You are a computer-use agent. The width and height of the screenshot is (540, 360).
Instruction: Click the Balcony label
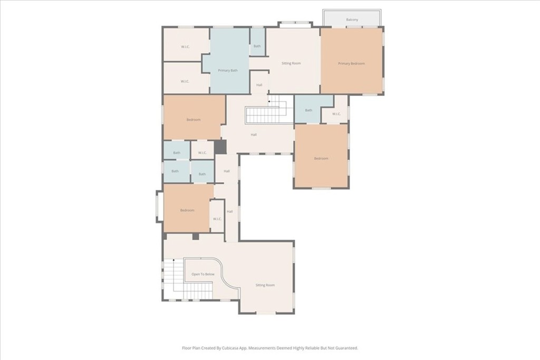352,20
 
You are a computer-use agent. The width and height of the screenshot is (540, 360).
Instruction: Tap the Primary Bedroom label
351,64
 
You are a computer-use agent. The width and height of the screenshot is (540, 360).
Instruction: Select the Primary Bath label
228,71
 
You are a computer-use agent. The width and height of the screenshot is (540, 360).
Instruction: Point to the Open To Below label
203,275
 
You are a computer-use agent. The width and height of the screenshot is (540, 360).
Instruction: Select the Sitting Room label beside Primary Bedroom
291,63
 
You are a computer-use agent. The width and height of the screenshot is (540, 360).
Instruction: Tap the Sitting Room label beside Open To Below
265,285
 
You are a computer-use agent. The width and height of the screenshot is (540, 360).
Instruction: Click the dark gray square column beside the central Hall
220,147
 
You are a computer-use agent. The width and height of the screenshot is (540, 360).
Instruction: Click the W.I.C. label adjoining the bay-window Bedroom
217,219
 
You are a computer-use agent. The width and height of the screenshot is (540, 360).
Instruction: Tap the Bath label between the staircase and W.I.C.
308,110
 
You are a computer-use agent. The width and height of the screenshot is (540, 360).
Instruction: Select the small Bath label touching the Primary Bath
257,46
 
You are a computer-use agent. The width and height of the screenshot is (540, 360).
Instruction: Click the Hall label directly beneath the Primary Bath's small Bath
259,85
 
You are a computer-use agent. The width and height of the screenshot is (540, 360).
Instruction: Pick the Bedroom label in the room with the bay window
187,210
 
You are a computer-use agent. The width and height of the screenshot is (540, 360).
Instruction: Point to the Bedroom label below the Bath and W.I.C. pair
321,159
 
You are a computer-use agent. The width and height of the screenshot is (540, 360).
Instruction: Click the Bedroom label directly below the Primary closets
194,120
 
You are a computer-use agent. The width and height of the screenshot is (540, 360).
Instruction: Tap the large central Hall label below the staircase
254,135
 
